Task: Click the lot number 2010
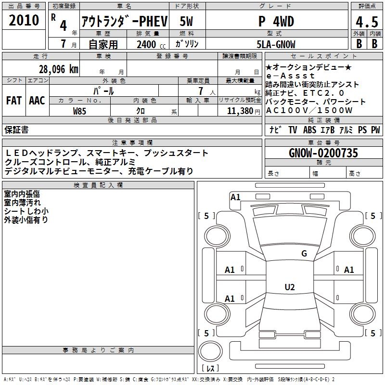click(x=24, y=20)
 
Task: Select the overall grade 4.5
click(x=367, y=22)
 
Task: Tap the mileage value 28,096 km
click(x=59, y=69)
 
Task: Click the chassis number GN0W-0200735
click(x=323, y=153)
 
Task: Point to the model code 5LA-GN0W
click(x=276, y=44)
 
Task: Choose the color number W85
click(x=79, y=111)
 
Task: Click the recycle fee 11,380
click(x=240, y=111)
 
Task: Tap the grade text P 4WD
click(x=276, y=21)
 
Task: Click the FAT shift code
click(x=14, y=101)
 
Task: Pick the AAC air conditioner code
click(x=37, y=101)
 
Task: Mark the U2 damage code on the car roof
click(x=290, y=287)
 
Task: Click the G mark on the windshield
click(x=304, y=253)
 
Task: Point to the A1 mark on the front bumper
click(x=235, y=197)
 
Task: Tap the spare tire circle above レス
click(x=210, y=351)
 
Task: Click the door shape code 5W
click(x=186, y=21)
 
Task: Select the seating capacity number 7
click(x=201, y=91)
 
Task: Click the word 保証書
click(x=16, y=129)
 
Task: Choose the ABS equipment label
click(x=309, y=129)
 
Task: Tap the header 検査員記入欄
click(x=98, y=185)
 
